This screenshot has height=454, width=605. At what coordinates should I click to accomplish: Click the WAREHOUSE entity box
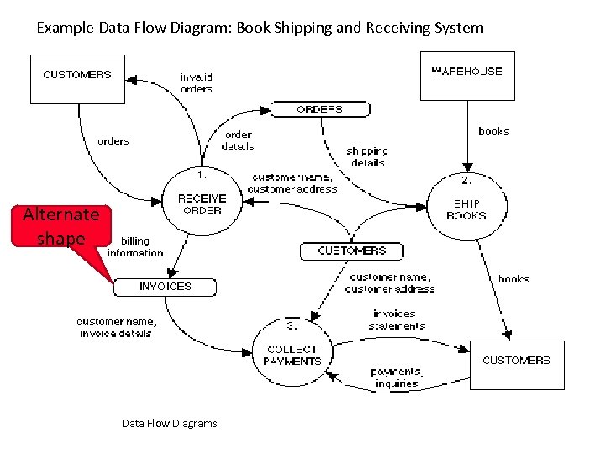pos(467,76)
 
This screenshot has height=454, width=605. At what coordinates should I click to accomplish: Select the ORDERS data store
pos(319,109)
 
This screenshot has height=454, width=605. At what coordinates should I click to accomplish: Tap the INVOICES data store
pos(166,287)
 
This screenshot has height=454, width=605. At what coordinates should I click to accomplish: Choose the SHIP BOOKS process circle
pos(466,209)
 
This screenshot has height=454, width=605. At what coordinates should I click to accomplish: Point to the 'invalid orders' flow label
pos(197,82)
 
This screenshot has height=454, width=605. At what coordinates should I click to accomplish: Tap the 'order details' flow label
pos(238,140)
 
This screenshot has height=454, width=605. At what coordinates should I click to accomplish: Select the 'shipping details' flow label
pos(367,156)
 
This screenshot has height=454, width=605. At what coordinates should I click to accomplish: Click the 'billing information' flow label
pos(135,246)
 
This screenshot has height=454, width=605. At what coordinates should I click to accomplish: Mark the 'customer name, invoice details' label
pos(116,327)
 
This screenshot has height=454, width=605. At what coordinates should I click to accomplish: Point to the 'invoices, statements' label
pos(397,319)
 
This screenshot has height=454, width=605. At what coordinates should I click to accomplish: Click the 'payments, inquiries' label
pos(397,377)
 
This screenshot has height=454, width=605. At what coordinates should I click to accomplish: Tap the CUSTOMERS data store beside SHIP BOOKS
pos(351,251)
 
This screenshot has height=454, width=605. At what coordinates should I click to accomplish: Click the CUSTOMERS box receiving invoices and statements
pos(516,365)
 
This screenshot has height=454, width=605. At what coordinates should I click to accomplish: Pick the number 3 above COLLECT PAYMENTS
pos(291,325)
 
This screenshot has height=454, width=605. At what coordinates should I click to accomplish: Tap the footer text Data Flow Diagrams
pos(169,423)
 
